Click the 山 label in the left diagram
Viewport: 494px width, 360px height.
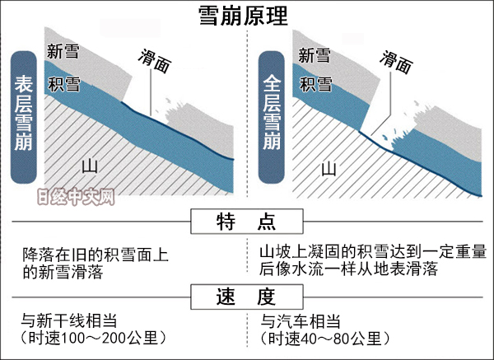coord(91,166)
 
